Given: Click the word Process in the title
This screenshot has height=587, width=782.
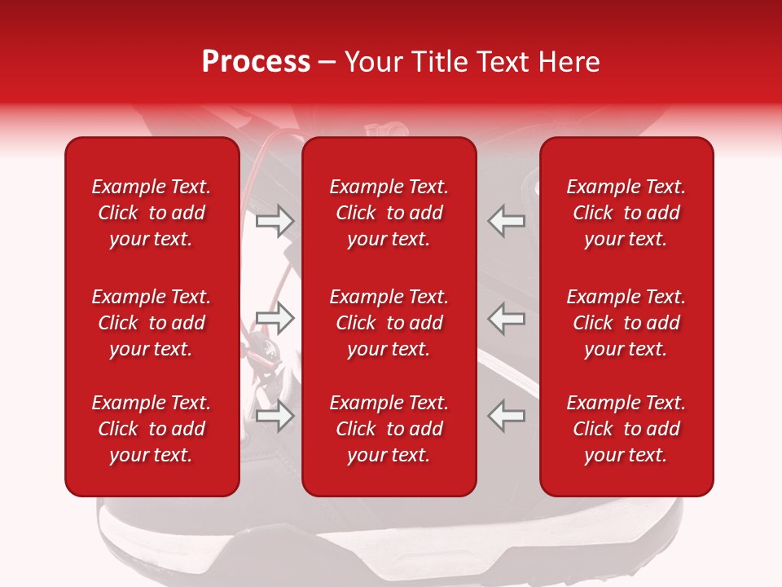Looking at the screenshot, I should (256, 62).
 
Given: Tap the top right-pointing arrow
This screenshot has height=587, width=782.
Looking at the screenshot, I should (275, 221).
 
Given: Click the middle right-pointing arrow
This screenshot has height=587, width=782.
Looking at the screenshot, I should (275, 319).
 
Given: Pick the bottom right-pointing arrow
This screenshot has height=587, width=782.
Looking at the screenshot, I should (275, 416).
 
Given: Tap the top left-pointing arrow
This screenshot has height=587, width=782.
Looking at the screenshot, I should (507, 221).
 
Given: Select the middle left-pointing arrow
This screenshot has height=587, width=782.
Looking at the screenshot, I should (507, 319).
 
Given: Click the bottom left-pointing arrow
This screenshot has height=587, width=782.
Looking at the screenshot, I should (507, 416).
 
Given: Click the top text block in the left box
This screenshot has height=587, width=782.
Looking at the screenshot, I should (152, 213).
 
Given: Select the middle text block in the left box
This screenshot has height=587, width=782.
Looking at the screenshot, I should (152, 323).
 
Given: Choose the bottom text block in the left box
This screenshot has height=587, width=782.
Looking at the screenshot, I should (152, 429).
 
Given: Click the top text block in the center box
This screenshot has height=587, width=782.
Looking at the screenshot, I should (389, 213).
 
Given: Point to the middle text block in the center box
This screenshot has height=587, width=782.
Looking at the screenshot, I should (389, 323).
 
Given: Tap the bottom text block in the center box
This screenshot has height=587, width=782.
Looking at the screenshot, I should (389, 429).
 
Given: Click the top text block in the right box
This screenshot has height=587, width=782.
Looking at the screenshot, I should (626, 213).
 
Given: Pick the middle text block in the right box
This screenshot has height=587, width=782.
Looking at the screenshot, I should (626, 323).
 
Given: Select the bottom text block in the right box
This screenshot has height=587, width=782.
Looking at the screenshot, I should (626, 429).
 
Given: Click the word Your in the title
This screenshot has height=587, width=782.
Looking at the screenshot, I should (371, 62).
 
